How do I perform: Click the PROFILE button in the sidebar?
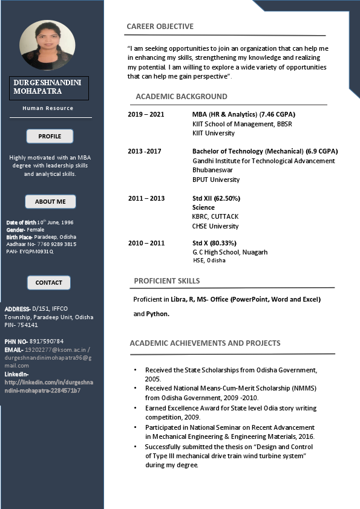tap(50, 136)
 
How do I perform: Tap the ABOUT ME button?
tap(50, 201)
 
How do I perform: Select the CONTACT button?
tap(49, 282)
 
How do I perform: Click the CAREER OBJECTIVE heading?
tap(160, 26)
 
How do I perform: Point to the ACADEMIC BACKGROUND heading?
tap(181, 96)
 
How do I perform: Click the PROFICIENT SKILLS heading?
tap(166, 280)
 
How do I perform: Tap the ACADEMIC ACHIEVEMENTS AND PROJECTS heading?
tap(205, 343)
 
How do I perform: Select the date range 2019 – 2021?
tap(146, 114)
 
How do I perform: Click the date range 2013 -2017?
tap(145, 151)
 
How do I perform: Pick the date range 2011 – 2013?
tap(146, 198)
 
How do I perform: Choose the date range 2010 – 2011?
tap(146, 243)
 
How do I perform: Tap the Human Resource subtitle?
tap(48, 108)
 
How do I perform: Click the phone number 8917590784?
tap(46, 342)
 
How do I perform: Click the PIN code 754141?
tap(28, 325)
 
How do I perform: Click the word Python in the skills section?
tap(157, 314)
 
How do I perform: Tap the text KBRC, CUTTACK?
tap(215, 216)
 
